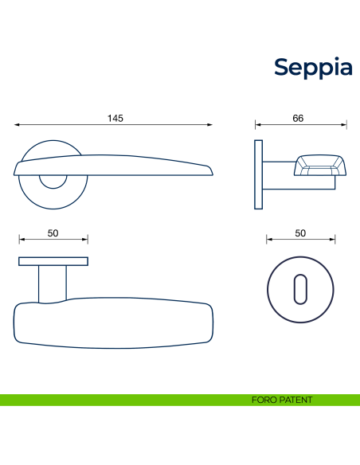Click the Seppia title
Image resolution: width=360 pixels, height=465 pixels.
pyautogui.click(x=313, y=67)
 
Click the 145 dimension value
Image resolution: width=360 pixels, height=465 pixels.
pyautogui.click(x=115, y=119)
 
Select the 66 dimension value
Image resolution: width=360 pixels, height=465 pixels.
pyautogui.click(x=298, y=119)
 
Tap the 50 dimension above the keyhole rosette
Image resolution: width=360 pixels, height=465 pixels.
pyautogui.click(x=300, y=232)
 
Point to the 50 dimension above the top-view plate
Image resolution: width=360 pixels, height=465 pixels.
pyautogui.click(x=53, y=232)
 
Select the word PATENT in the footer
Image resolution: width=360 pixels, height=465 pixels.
pyautogui.click(x=296, y=400)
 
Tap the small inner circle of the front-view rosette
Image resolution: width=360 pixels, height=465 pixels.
pyautogui.click(x=53, y=181)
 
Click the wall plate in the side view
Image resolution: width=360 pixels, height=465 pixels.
pyautogui.click(x=259, y=174)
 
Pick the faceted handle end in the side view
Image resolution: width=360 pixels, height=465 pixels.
pyautogui.click(x=320, y=166)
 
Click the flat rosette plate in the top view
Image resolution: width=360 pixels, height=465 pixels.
pyautogui.click(x=53, y=261)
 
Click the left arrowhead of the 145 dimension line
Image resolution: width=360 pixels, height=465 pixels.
pyautogui.click(x=17, y=124)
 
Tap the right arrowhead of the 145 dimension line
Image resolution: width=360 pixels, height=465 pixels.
pyautogui.click(x=211, y=124)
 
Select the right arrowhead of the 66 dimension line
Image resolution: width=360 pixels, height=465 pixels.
pyautogui.click(x=345, y=124)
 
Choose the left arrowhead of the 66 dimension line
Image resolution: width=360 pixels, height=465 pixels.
pyautogui.click(x=257, y=124)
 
